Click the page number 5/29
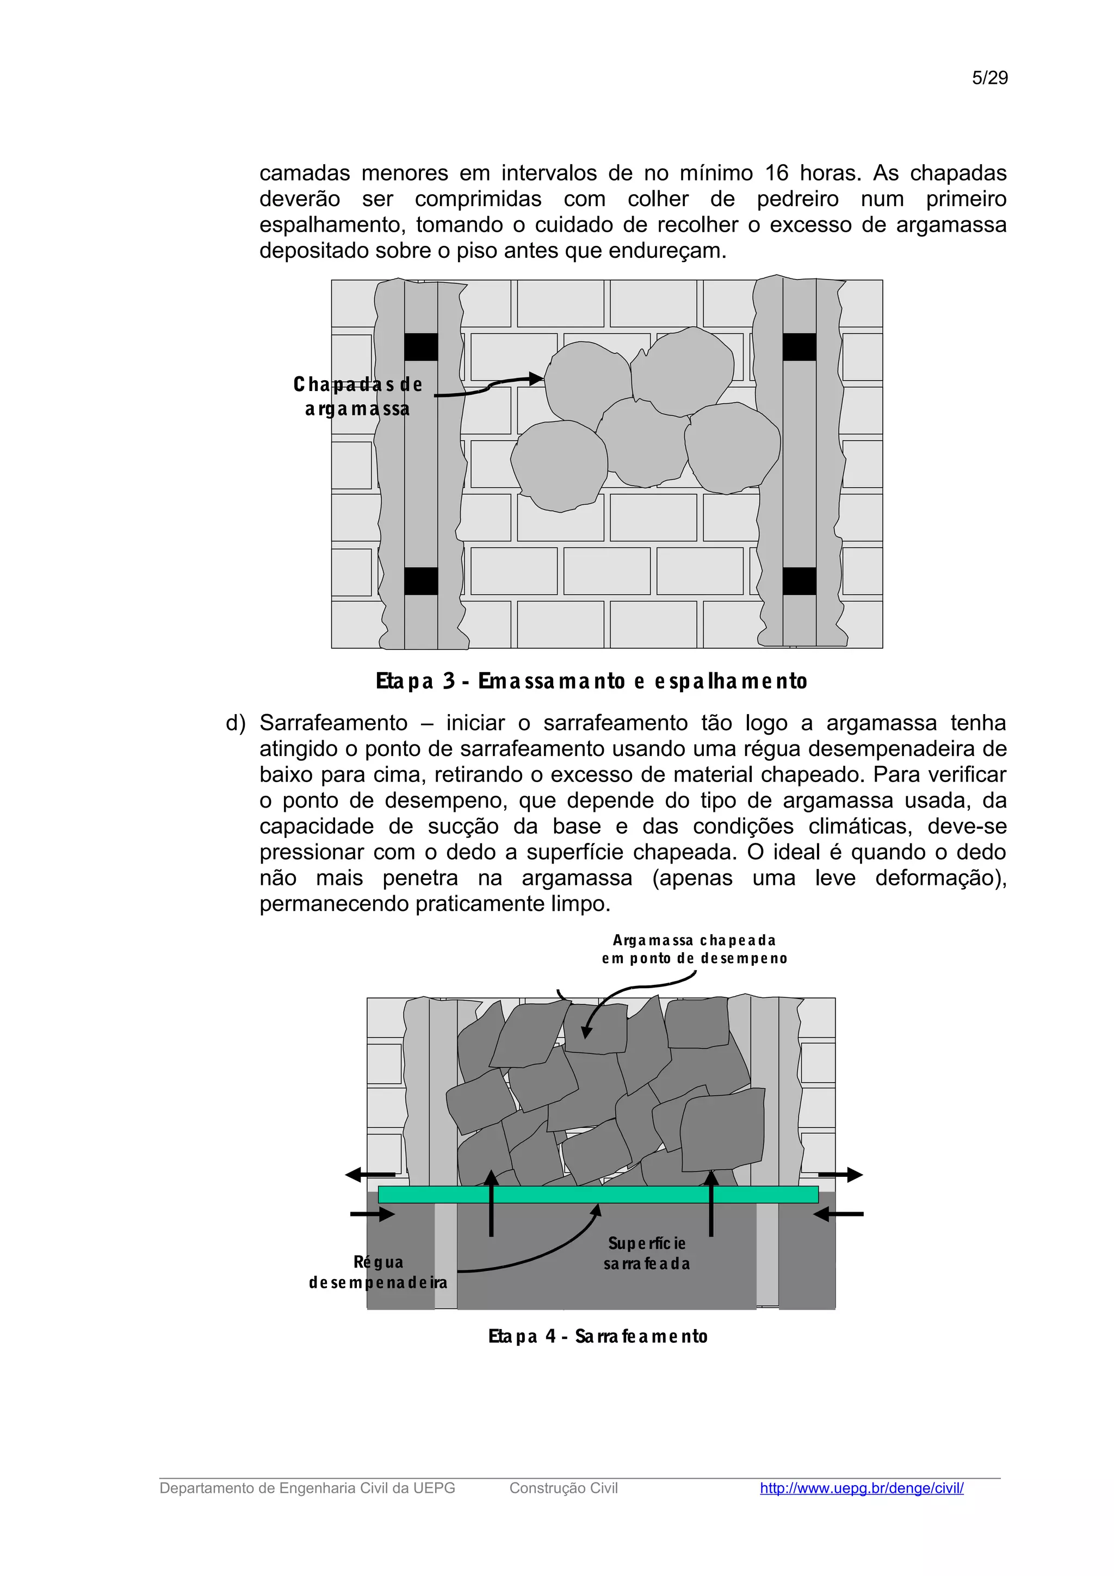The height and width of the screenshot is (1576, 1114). point(989,78)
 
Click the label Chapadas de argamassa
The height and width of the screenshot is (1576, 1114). point(357,396)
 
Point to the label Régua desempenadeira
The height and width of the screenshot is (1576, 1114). point(377,1272)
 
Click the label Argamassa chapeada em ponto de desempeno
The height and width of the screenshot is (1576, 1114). point(694,950)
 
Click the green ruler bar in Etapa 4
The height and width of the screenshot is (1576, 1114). point(597,1195)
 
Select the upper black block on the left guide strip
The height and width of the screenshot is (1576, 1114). point(421,348)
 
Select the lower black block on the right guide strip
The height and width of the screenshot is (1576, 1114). point(799,581)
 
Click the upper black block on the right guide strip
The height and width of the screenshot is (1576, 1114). point(799,348)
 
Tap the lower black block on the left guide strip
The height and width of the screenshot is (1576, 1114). point(421,581)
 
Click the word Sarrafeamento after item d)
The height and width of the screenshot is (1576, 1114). point(333,723)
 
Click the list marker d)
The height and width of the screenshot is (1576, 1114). point(236,723)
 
